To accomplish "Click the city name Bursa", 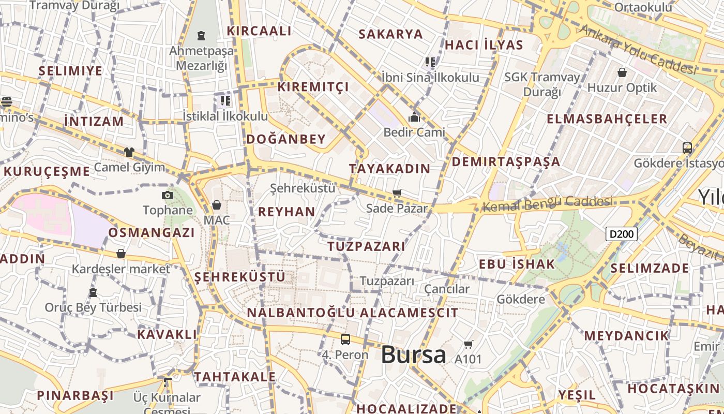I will pos(413,355).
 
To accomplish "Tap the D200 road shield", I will pos(621,234).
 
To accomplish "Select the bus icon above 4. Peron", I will pos(345,339).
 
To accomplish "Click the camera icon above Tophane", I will pos(167,195).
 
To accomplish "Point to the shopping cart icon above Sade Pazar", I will pos(397,194).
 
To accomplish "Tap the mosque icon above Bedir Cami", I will pos(414,117).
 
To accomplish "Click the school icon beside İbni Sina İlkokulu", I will pos(430,62).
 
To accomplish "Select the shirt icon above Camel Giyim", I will pos(129,152).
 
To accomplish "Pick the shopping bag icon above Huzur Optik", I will pos(622,72).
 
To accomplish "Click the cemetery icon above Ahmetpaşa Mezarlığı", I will pos(201,36).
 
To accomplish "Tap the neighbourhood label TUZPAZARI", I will pos(366,246).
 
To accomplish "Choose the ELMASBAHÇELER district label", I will pos(607,119).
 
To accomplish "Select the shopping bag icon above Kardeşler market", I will pos(121,254).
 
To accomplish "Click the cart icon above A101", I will pos(469,344).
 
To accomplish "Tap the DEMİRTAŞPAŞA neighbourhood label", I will pos(506,161).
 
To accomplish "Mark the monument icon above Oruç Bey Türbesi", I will pos(93,292).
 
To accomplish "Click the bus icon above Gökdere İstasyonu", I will pos(687,148).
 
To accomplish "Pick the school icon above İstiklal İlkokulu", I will pos(225,100).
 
